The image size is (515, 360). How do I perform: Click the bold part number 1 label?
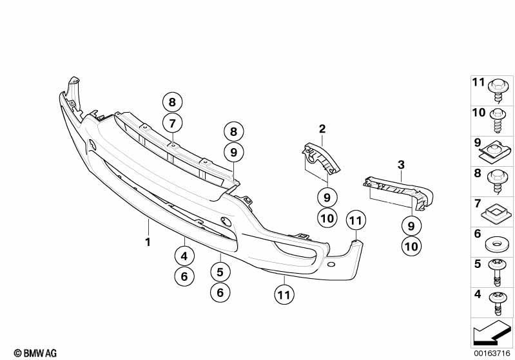click(148, 242)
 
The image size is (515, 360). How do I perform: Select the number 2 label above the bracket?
click(322, 129)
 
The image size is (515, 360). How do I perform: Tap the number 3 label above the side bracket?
click(401, 165)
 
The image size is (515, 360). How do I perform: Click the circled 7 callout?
click(173, 124)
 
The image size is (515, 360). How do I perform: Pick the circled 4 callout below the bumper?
click(184, 256)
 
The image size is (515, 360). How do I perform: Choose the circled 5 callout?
click(220, 272)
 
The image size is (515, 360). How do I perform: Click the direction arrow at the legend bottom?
click(492, 332)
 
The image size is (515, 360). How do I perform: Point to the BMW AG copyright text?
click(35, 353)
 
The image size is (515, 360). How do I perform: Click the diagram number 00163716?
click(492, 353)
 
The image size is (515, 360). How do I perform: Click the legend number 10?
click(478, 113)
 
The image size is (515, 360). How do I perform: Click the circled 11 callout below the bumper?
click(284, 295)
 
